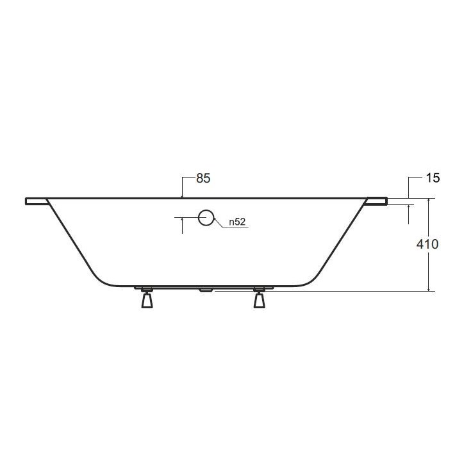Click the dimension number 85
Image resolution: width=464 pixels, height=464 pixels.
203,179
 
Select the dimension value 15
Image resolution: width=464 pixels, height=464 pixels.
433,179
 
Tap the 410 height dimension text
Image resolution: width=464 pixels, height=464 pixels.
427,244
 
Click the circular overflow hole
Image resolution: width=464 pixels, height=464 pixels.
206,218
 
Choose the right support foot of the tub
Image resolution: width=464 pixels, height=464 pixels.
260,299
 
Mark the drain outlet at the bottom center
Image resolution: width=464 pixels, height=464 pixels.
206,290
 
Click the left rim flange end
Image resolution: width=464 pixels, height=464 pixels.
36,202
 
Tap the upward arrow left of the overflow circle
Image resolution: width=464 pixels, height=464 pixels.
183,221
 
